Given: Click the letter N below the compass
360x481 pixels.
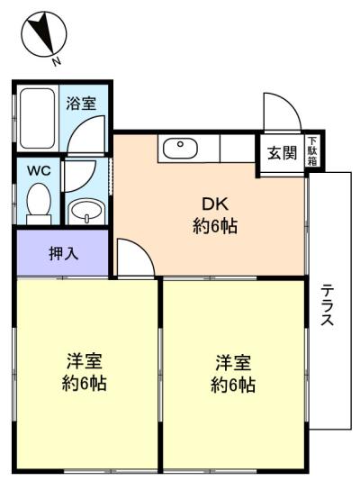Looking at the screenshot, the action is coord(57,61).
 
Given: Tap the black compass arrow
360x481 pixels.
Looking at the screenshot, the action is coord(44,32).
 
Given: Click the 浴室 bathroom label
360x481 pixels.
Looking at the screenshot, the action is coord(81,104).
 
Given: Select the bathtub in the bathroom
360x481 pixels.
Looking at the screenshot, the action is coord(38,118).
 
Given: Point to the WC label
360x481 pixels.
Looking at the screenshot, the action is coord(39,171).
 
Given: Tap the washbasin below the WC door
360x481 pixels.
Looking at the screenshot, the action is coord(86,212).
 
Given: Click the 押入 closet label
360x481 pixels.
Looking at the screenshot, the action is coord(64,254).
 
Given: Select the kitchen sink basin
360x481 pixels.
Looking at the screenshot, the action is coord(181,149).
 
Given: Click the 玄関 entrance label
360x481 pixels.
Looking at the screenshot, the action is coord(283,152).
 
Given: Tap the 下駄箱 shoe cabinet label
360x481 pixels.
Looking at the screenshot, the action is coord(312,151).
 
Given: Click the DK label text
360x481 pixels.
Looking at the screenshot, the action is coord(215,204).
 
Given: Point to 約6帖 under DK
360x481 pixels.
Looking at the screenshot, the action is coord(215,227).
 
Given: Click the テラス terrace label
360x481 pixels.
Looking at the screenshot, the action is coord(327,304).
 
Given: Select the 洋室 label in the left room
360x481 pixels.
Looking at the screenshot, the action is coord(85,361).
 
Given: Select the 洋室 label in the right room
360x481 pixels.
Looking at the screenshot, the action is coord(233,363).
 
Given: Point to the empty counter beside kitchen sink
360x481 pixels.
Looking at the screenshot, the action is coord(238,149).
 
